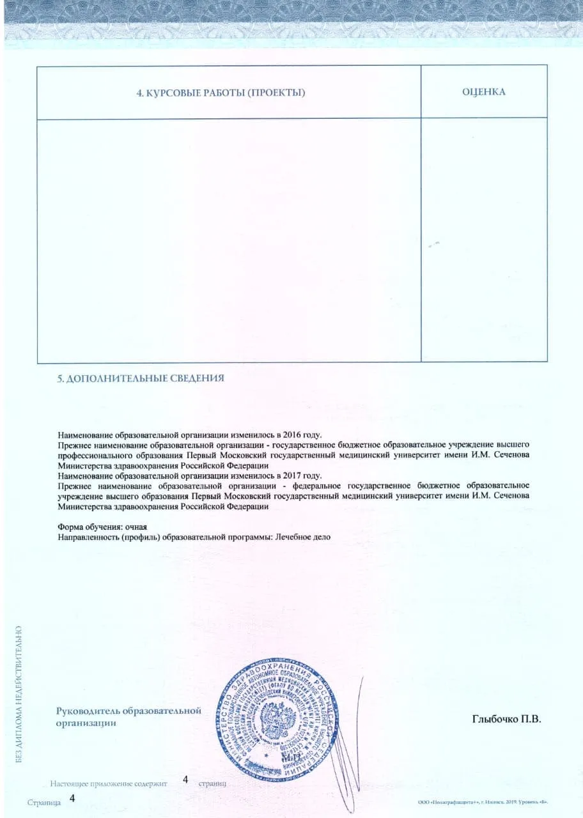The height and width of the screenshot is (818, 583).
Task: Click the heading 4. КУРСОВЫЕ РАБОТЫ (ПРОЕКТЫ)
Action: (x=221, y=93)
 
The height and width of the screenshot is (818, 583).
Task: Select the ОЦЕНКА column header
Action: (x=484, y=92)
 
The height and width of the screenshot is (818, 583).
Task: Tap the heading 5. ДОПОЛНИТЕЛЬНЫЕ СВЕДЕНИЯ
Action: (x=141, y=378)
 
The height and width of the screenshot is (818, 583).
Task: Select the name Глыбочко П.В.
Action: (x=506, y=720)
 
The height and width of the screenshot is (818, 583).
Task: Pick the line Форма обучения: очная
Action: (x=102, y=527)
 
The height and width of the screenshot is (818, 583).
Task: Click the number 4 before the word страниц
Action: (x=185, y=779)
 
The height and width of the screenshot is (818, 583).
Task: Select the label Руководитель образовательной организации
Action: (x=128, y=717)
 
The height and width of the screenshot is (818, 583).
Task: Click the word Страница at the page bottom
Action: (x=43, y=802)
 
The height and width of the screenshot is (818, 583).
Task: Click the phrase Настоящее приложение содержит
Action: (x=108, y=783)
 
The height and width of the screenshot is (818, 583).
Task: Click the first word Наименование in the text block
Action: (x=84, y=434)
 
